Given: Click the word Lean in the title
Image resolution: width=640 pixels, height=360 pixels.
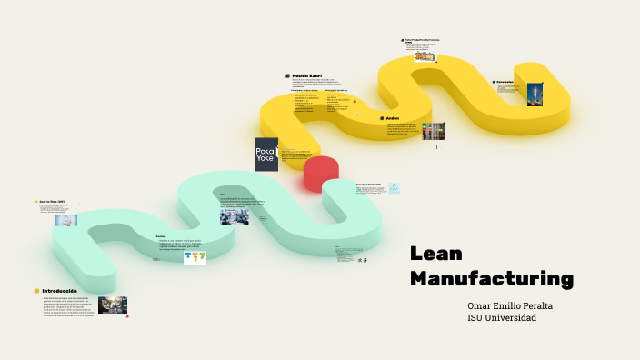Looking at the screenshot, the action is tap(436, 254).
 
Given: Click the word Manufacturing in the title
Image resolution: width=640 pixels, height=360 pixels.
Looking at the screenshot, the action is tap(492, 277).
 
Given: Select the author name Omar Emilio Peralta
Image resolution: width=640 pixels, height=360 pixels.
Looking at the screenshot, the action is tap(510, 305).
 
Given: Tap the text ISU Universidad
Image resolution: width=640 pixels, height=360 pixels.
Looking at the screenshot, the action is tap(502, 317).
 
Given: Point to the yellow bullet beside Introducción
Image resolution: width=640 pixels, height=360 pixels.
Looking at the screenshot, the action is tap(36, 291).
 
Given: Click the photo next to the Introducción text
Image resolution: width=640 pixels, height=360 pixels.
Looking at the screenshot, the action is tap(113, 305).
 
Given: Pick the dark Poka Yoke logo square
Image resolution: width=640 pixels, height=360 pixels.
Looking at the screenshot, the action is tap(266, 154).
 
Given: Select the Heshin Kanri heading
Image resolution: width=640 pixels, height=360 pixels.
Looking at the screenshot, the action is tap(307, 75).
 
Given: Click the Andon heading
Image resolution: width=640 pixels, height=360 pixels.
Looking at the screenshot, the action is tap(393, 118).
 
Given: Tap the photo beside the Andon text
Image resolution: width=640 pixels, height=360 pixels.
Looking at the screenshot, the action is tap(434, 131).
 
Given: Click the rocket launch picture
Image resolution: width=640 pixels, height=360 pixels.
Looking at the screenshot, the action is tap(535, 95).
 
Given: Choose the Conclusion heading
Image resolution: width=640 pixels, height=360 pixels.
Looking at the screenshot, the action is tap(505, 81).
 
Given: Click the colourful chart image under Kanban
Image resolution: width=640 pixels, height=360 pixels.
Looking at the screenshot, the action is tap(195, 257).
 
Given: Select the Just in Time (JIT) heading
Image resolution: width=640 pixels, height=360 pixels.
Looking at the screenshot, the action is tap(52, 201).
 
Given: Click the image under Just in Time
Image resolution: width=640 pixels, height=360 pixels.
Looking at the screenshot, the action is tap(66, 220).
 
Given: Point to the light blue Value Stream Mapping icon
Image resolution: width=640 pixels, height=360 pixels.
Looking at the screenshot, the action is tap(394, 188).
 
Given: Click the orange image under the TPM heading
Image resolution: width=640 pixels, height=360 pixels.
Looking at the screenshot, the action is tap(425, 56).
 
